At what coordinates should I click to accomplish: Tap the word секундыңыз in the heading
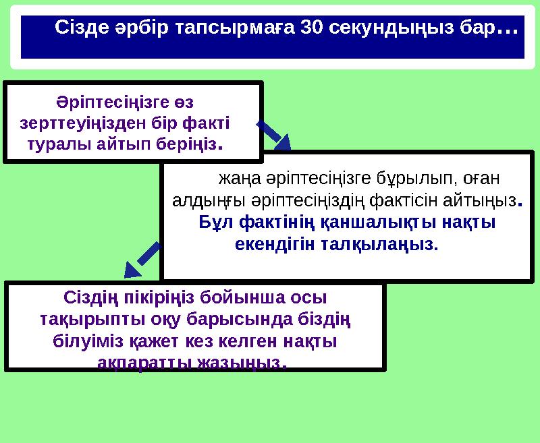tap(395, 28)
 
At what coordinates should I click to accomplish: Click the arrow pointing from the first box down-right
tap(274, 134)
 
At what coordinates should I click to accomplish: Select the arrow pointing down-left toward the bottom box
tap(143, 260)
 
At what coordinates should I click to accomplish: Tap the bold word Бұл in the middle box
tap(214, 222)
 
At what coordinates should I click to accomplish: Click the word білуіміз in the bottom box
tap(86, 341)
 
